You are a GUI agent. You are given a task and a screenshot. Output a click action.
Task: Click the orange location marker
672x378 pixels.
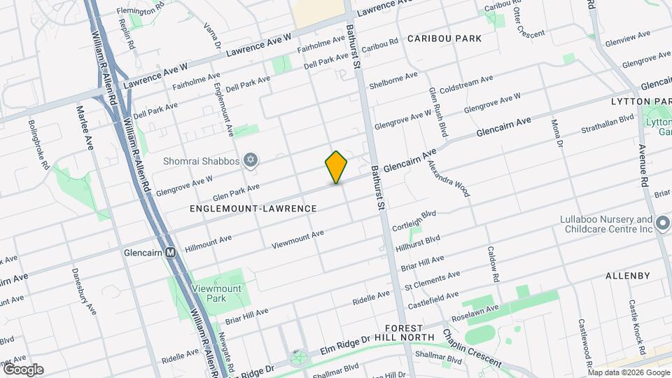tap(337, 167)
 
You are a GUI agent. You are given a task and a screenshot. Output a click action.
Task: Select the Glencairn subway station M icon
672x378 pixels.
tap(170, 253)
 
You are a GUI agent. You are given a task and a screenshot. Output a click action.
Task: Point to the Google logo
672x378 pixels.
tap(23, 370)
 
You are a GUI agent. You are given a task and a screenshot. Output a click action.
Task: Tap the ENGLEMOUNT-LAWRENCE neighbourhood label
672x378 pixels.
tap(253, 209)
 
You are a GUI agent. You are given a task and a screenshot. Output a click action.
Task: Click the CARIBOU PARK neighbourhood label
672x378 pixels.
tap(445, 38)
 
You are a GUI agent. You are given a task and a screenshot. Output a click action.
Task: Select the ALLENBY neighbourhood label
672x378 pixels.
tap(628, 276)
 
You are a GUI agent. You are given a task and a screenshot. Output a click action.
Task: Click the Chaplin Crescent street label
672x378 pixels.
tap(470, 347)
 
